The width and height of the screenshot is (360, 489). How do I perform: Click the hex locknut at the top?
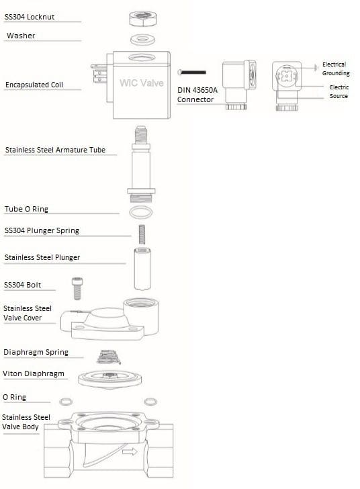click(x=142, y=18)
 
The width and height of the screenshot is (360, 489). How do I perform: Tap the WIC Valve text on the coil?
click(x=142, y=83)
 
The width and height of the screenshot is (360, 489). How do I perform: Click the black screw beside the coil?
click(x=192, y=73)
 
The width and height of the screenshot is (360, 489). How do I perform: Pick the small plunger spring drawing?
click(x=142, y=234)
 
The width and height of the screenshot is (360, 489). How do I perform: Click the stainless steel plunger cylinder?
click(x=142, y=269)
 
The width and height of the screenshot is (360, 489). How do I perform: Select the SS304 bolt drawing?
click(x=77, y=288)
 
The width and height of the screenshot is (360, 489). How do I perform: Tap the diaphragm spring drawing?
click(x=108, y=357)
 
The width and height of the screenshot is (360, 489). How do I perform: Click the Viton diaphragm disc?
click(x=109, y=380)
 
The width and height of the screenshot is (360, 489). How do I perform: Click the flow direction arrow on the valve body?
click(x=130, y=451)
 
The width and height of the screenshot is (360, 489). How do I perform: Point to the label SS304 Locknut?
click(x=30, y=17)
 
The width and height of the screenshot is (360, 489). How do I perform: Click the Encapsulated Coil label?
click(x=34, y=85)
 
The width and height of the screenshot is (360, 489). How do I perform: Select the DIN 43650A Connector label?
click(x=197, y=95)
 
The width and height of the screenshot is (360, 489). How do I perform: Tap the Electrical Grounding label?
click(x=336, y=69)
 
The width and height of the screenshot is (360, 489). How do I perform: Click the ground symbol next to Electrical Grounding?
click(x=316, y=67)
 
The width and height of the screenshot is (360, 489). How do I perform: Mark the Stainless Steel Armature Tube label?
click(x=55, y=150)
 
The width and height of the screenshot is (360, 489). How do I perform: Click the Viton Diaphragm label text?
click(x=34, y=373)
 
